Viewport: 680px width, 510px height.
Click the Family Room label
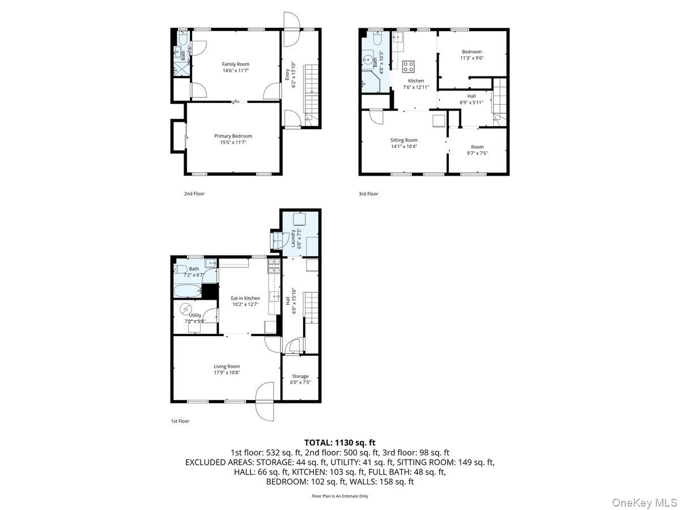coord(235,64)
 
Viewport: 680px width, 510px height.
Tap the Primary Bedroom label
coord(233,136)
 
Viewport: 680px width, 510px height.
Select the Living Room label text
coord(227,367)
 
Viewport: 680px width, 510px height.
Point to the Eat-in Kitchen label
coord(245,298)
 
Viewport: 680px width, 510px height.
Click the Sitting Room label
coord(403,140)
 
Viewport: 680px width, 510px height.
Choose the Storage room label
coord(300,376)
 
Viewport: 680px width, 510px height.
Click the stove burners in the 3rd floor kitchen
coord(409,67)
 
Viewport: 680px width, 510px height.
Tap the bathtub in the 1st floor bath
coord(188,291)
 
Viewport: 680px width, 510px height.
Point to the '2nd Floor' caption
coord(194,194)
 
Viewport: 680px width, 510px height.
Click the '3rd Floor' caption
coord(368,194)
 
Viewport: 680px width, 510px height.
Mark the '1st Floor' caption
coord(181,422)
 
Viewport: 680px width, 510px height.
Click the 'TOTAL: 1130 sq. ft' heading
coord(340,443)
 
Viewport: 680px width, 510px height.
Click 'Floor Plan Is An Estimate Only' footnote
coord(340,496)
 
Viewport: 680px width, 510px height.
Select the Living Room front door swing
coord(264,393)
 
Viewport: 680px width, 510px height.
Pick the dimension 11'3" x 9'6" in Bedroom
coord(471,58)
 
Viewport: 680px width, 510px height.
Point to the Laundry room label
coord(294,238)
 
